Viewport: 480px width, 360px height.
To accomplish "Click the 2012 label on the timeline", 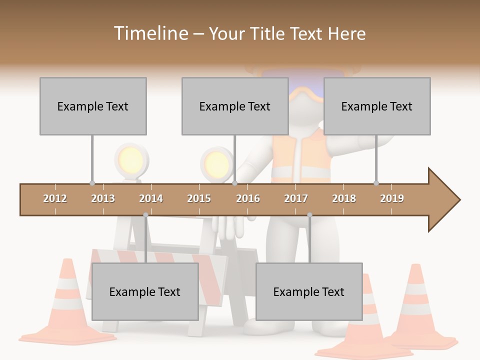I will [x=55, y=198].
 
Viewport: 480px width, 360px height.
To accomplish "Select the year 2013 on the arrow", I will [x=103, y=198].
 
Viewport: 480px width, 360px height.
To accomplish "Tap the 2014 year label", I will [x=151, y=198].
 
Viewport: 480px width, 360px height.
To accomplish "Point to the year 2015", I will [x=199, y=198].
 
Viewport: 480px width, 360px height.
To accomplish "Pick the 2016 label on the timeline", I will [x=248, y=198].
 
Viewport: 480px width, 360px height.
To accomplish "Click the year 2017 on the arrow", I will [x=296, y=198].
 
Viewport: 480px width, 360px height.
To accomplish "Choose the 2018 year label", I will [x=344, y=198].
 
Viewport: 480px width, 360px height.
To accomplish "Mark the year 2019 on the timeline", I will [x=392, y=198].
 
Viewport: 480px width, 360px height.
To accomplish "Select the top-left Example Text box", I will [x=93, y=106].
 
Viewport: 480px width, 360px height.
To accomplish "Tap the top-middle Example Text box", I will [x=235, y=106].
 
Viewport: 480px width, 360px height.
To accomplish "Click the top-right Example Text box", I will [x=377, y=106].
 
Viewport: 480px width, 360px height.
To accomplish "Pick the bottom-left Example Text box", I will [x=145, y=291].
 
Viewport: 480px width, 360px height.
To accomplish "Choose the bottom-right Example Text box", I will [x=309, y=291].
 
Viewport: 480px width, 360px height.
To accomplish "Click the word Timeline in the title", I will [x=150, y=33].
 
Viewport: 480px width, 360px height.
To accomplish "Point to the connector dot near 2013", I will [x=92, y=183].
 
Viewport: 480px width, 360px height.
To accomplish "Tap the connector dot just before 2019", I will [x=376, y=183].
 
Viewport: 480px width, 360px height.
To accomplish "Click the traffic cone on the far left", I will [x=67, y=305].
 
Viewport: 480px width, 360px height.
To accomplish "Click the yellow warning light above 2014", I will [x=131, y=160].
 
